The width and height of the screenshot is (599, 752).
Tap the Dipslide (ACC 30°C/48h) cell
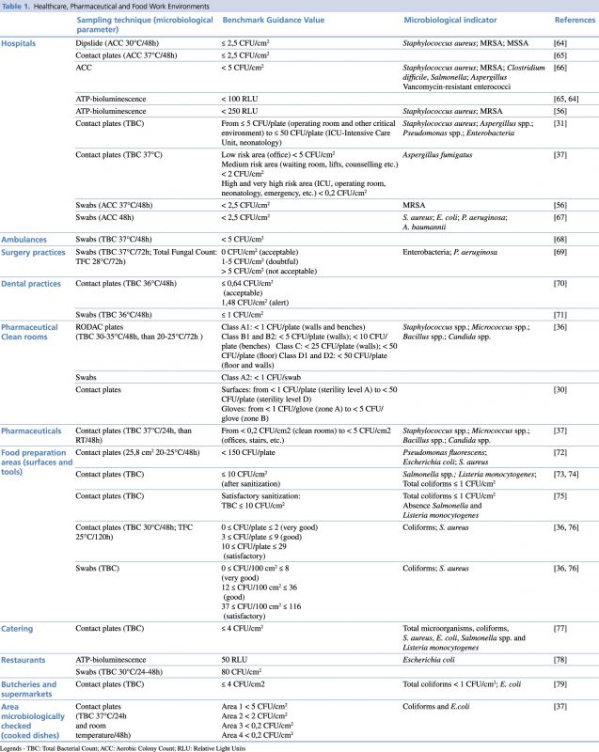tap(118, 43)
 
